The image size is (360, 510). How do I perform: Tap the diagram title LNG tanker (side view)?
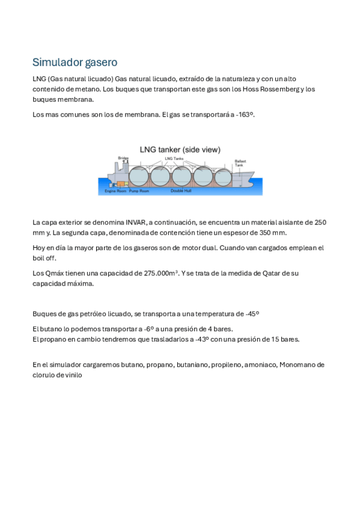(180, 149)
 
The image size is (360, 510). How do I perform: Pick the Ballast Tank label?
(240, 163)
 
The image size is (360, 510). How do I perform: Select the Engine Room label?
(115, 191)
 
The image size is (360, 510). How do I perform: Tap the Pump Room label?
(139, 191)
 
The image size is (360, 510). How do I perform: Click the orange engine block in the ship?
(123, 183)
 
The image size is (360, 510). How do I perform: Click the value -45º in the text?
(252, 313)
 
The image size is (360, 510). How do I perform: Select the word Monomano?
(298, 364)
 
